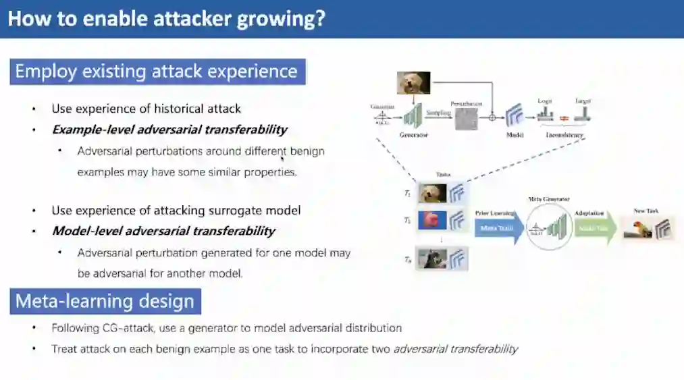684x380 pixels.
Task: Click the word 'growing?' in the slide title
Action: coord(280,18)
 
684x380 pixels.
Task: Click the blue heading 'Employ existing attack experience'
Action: coord(157,72)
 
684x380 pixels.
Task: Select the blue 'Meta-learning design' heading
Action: coord(105,301)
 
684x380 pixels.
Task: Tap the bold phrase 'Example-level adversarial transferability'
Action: coord(169,130)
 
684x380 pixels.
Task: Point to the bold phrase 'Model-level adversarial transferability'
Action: coord(164,231)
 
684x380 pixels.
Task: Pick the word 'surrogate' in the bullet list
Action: coord(241,211)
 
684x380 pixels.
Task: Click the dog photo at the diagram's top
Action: coord(414,82)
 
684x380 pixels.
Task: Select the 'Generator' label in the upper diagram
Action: coord(414,135)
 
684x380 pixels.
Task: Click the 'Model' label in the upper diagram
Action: coord(515,135)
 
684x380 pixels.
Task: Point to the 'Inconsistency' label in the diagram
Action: coord(564,135)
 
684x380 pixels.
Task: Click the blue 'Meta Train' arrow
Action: coord(498,228)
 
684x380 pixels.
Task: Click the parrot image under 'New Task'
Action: coord(638,229)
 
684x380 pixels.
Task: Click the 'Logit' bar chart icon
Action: coord(545,114)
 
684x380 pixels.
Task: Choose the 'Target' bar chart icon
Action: coord(583,114)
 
